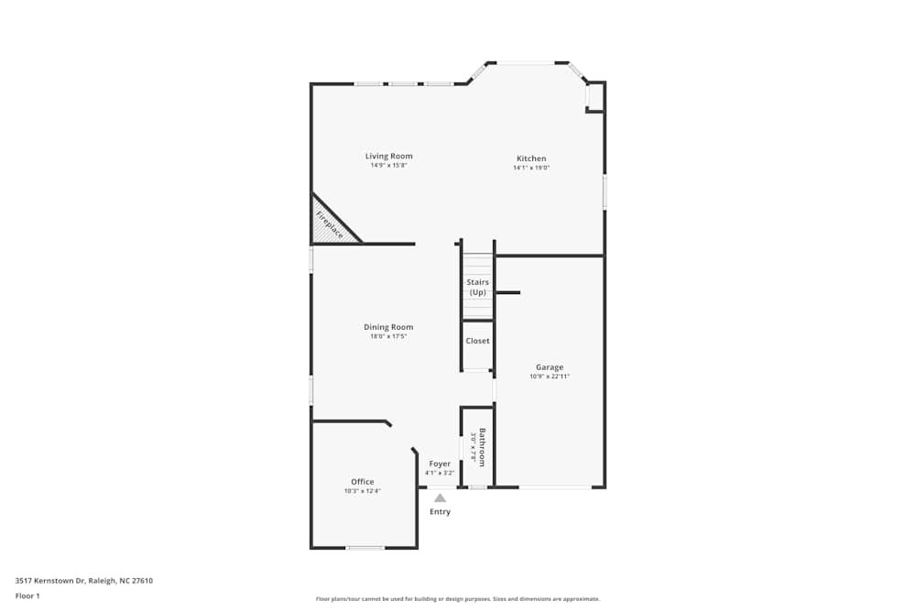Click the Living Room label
[x=389, y=156]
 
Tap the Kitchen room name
[x=531, y=158]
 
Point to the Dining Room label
[x=388, y=327]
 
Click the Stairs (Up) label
[x=477, y=287]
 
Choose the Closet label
[x=477, y=341]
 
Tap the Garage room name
[x=550, y=367]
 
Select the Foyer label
[x=440, y=464]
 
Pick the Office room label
[x=363, y=482]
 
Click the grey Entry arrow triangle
[x=440, y=498]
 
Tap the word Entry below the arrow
[x=440, y=511]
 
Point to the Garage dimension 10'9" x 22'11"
[x=550, y=376]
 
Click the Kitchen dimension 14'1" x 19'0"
[x=529, y=168]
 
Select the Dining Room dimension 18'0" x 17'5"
[x=388, y=336]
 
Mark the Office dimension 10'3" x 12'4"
[x=363, y=491]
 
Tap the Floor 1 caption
[x=27, y=595]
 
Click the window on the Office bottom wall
[x=365, y=548]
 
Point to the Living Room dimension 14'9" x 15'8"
[x=389, y=166]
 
